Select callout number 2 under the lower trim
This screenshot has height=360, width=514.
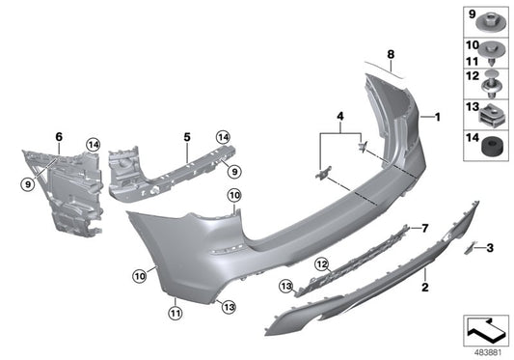pos(422,288)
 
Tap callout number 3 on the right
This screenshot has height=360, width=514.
pos(490,248)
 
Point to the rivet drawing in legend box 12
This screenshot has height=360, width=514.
pos(493,85)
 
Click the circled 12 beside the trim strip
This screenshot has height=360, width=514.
pos(321,263)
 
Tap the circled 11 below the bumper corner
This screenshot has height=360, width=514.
pos(175,313)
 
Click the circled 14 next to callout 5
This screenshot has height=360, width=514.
pos(222,136)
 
